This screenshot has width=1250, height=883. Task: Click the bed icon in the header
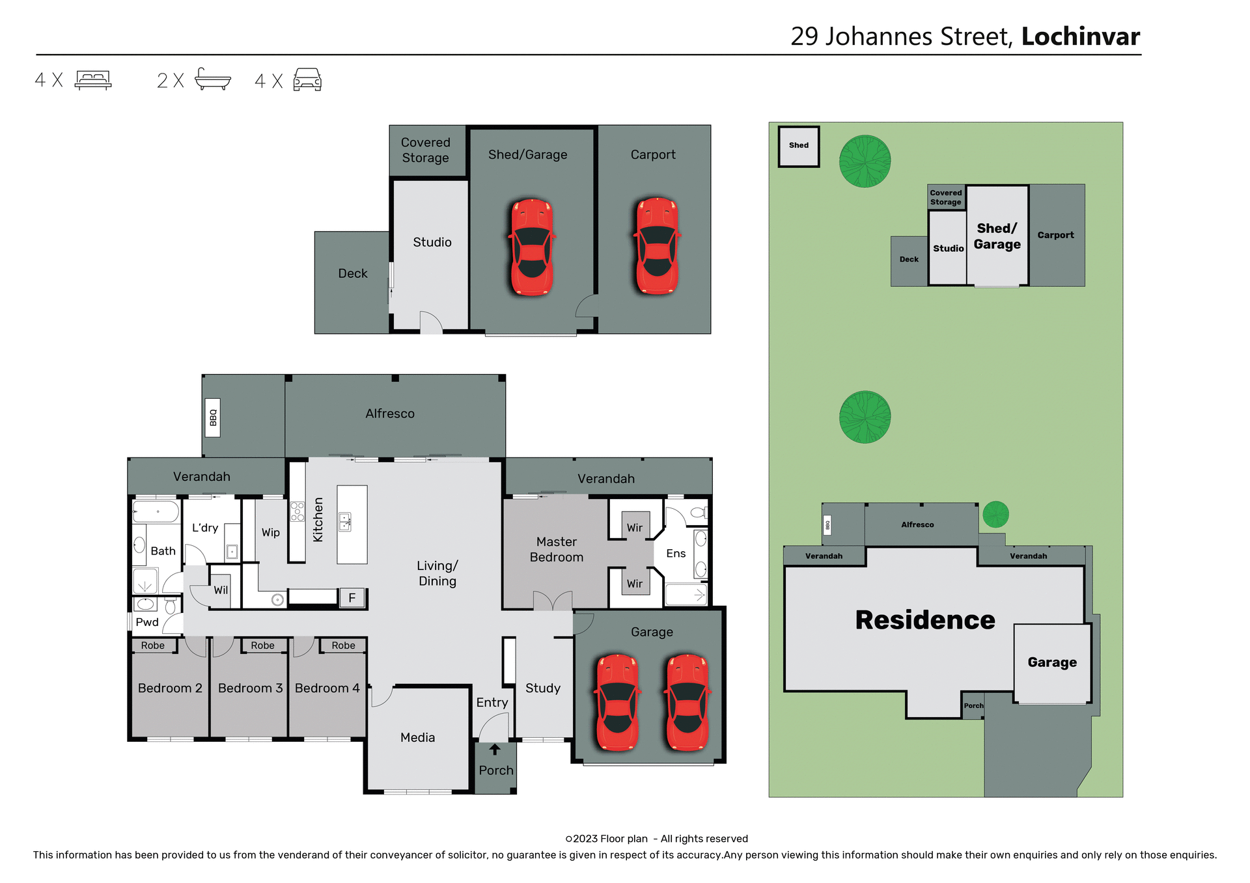click(x=93, y=80)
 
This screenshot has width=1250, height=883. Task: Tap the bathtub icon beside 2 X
click(x=213, y=79)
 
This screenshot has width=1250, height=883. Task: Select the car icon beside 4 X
click(x=307, y=80)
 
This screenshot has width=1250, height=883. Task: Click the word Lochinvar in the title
click(x=1080, y=36)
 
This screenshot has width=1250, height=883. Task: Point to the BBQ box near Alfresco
click(x=213, y=417)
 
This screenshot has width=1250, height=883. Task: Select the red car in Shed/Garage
click(x=532, y=247)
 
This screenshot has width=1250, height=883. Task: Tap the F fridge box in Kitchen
click(x=352, y=597)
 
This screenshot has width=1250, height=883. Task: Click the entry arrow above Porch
click(x=495, y=750)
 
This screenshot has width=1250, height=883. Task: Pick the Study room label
click(x=542, y=688)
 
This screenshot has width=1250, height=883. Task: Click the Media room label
click(x=417, y=737)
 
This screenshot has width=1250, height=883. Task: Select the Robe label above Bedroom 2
click(x=153, y=645)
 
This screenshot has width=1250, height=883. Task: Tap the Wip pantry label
click(x=271, y=532)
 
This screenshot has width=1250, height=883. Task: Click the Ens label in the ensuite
click(x=676, y=553)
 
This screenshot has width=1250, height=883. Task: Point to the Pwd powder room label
click(x=147, y=622)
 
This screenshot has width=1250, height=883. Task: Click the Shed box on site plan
click(x=799, y=146)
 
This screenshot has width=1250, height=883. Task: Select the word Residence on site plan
click(x=924, y=619)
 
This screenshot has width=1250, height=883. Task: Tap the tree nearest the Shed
click(x=865, y=161)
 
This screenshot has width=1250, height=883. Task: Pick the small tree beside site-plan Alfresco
click(x=995, y=514)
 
